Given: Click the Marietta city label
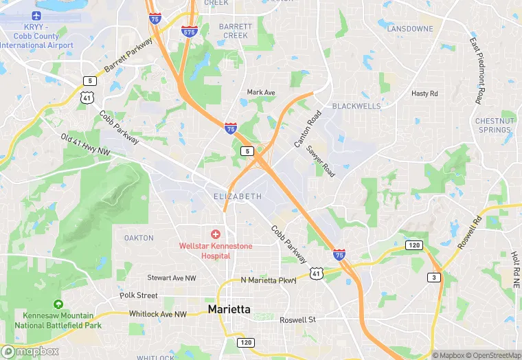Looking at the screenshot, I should pos(229,310).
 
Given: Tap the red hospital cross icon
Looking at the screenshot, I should pos(216,235).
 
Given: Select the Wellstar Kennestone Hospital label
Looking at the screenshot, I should pos(216,251).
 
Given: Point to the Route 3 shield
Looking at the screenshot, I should pos(434,277).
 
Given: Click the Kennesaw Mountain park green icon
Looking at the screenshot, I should pos(58,304).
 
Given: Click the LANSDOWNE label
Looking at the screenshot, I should pos(410,29).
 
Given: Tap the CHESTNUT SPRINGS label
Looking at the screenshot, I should pos(494,125).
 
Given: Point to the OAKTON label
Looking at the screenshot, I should pos(139,238).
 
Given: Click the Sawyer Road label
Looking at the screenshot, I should pos(321,162).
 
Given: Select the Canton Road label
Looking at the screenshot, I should pos(307,130).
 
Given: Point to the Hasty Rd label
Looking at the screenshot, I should pos(424,93).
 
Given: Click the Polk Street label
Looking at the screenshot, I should pos(138,295).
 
